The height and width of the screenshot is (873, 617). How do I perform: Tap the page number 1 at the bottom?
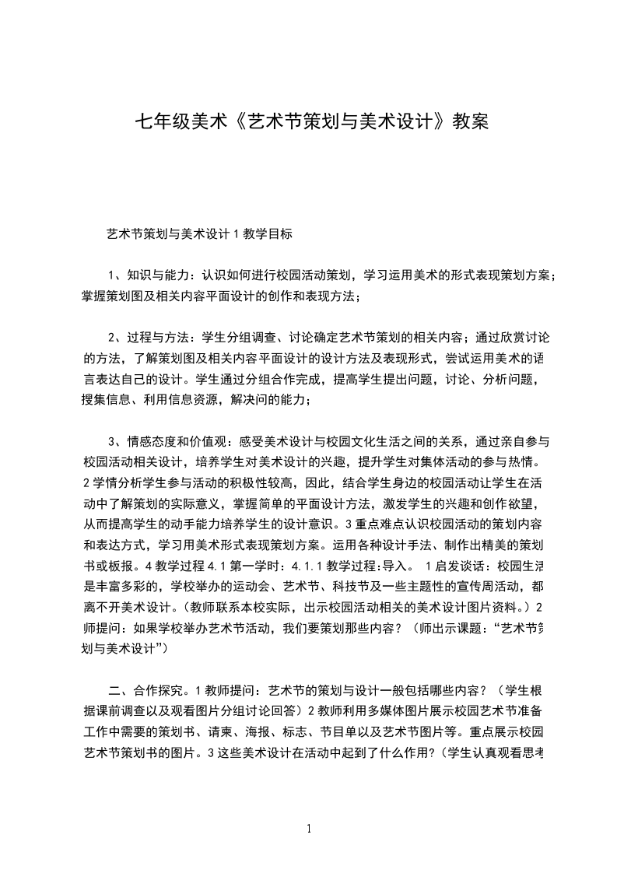pos(309,829)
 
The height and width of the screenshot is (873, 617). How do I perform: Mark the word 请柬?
pos(235,731)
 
